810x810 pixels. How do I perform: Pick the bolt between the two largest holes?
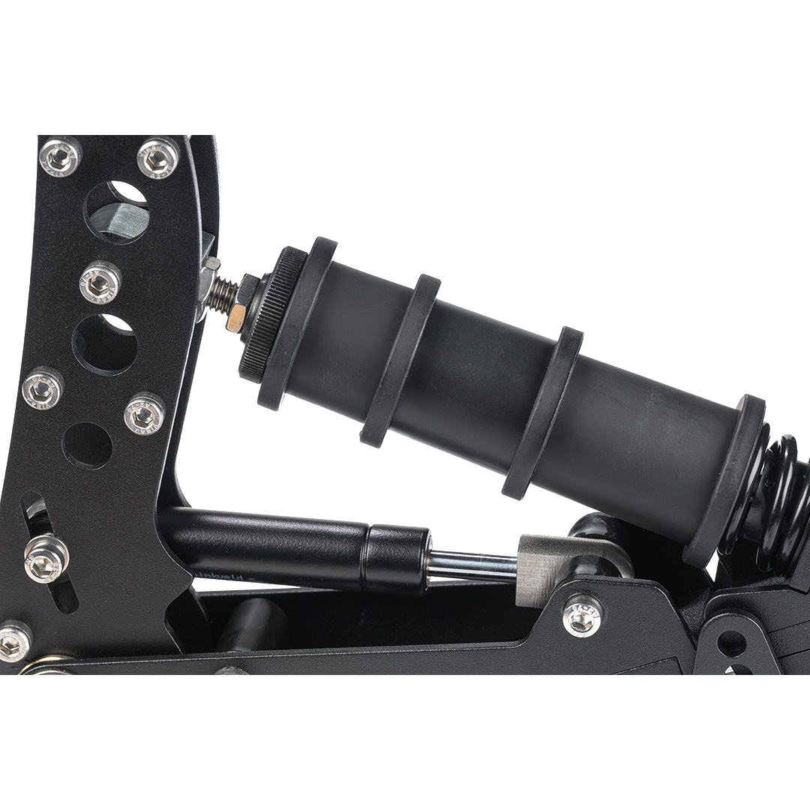click(x=100, y=281)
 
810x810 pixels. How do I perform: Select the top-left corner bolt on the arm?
click(x=60, y=155)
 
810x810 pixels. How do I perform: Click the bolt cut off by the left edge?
click(x=12, y=642)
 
